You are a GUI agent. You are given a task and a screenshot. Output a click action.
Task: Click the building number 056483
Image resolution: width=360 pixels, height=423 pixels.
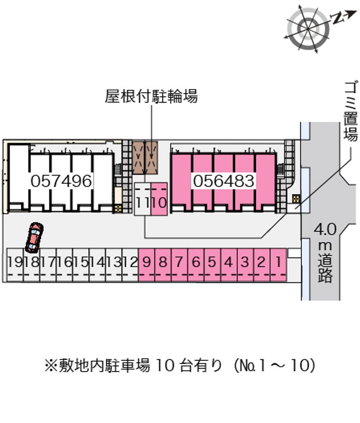point(224,181)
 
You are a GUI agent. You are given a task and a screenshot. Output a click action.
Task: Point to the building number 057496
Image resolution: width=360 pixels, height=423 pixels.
point(62,181)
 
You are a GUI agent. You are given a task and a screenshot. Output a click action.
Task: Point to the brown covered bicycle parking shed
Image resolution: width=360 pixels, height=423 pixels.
point(145,157)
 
